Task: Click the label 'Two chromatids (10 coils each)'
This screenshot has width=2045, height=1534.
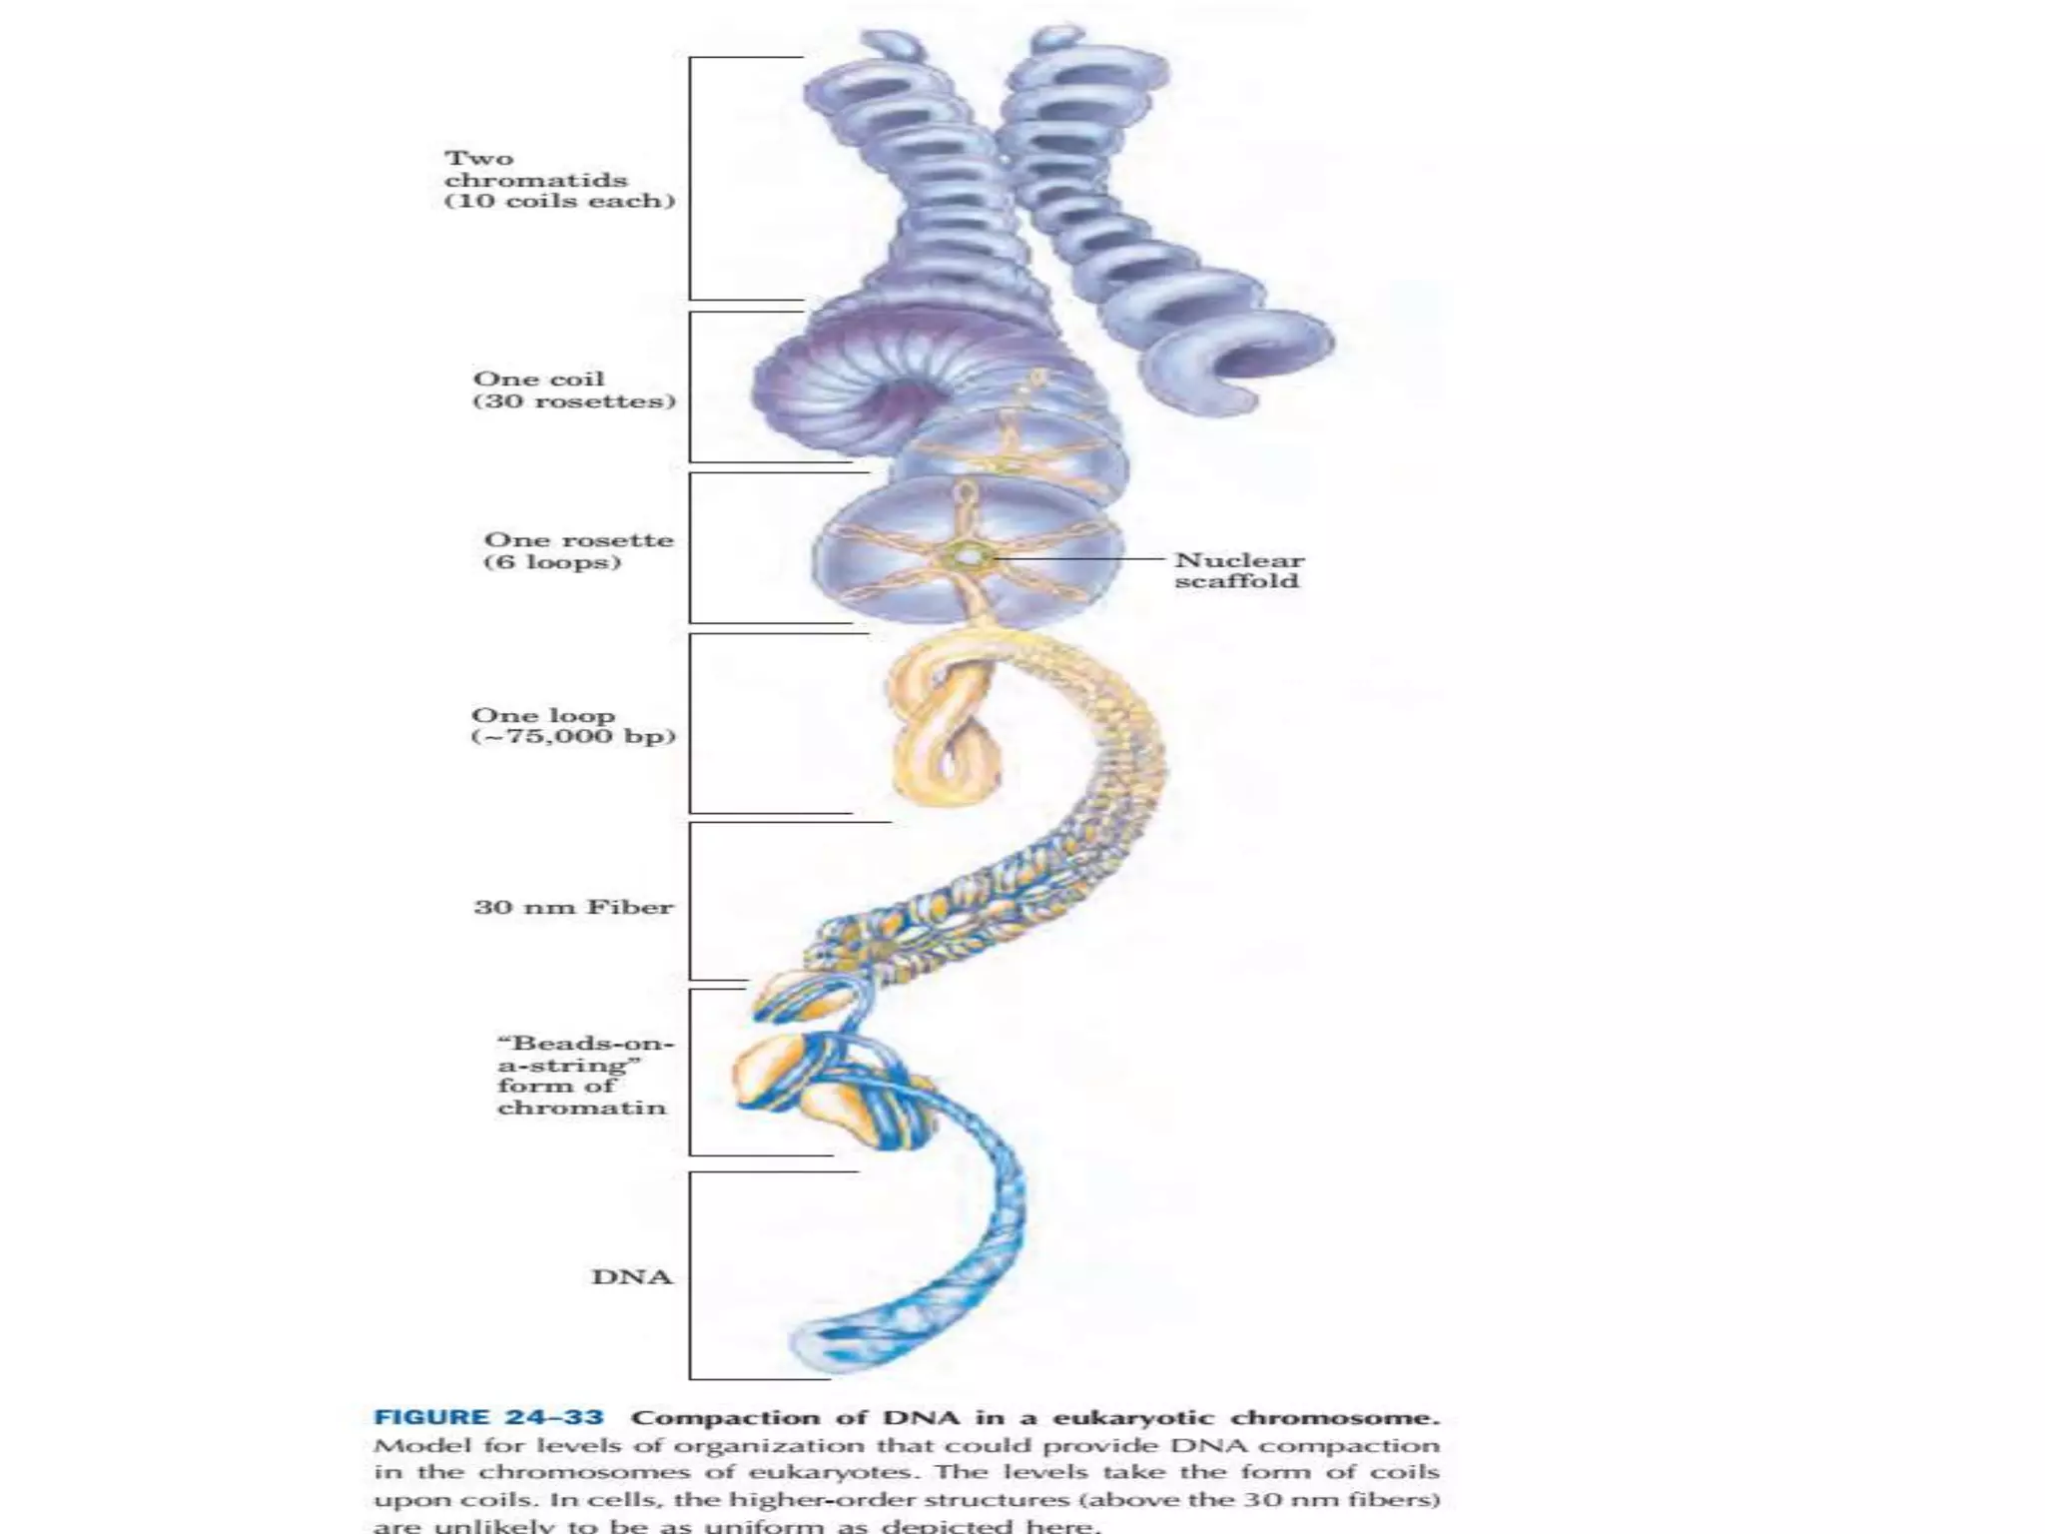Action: click(x=559, y=180)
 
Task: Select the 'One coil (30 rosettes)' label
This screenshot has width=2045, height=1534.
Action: click(x=574, y=390)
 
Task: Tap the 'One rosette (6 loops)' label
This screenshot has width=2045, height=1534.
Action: click(x=578, y=551)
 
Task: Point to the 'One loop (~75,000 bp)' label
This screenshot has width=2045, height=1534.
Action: click(x=573, y=726)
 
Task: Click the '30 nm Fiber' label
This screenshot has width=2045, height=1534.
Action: click(x=573, y=908)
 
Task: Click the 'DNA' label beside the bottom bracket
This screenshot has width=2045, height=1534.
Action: click(x=632, y=1277)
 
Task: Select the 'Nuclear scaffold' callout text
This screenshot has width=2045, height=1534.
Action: click(x=1238, y=570)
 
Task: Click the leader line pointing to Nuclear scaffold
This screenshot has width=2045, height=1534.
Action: click(x=1078, y=560)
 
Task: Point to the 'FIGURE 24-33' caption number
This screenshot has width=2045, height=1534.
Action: click(x=488, y=1418)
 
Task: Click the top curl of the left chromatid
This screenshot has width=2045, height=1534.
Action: click(x=889, y=46)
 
